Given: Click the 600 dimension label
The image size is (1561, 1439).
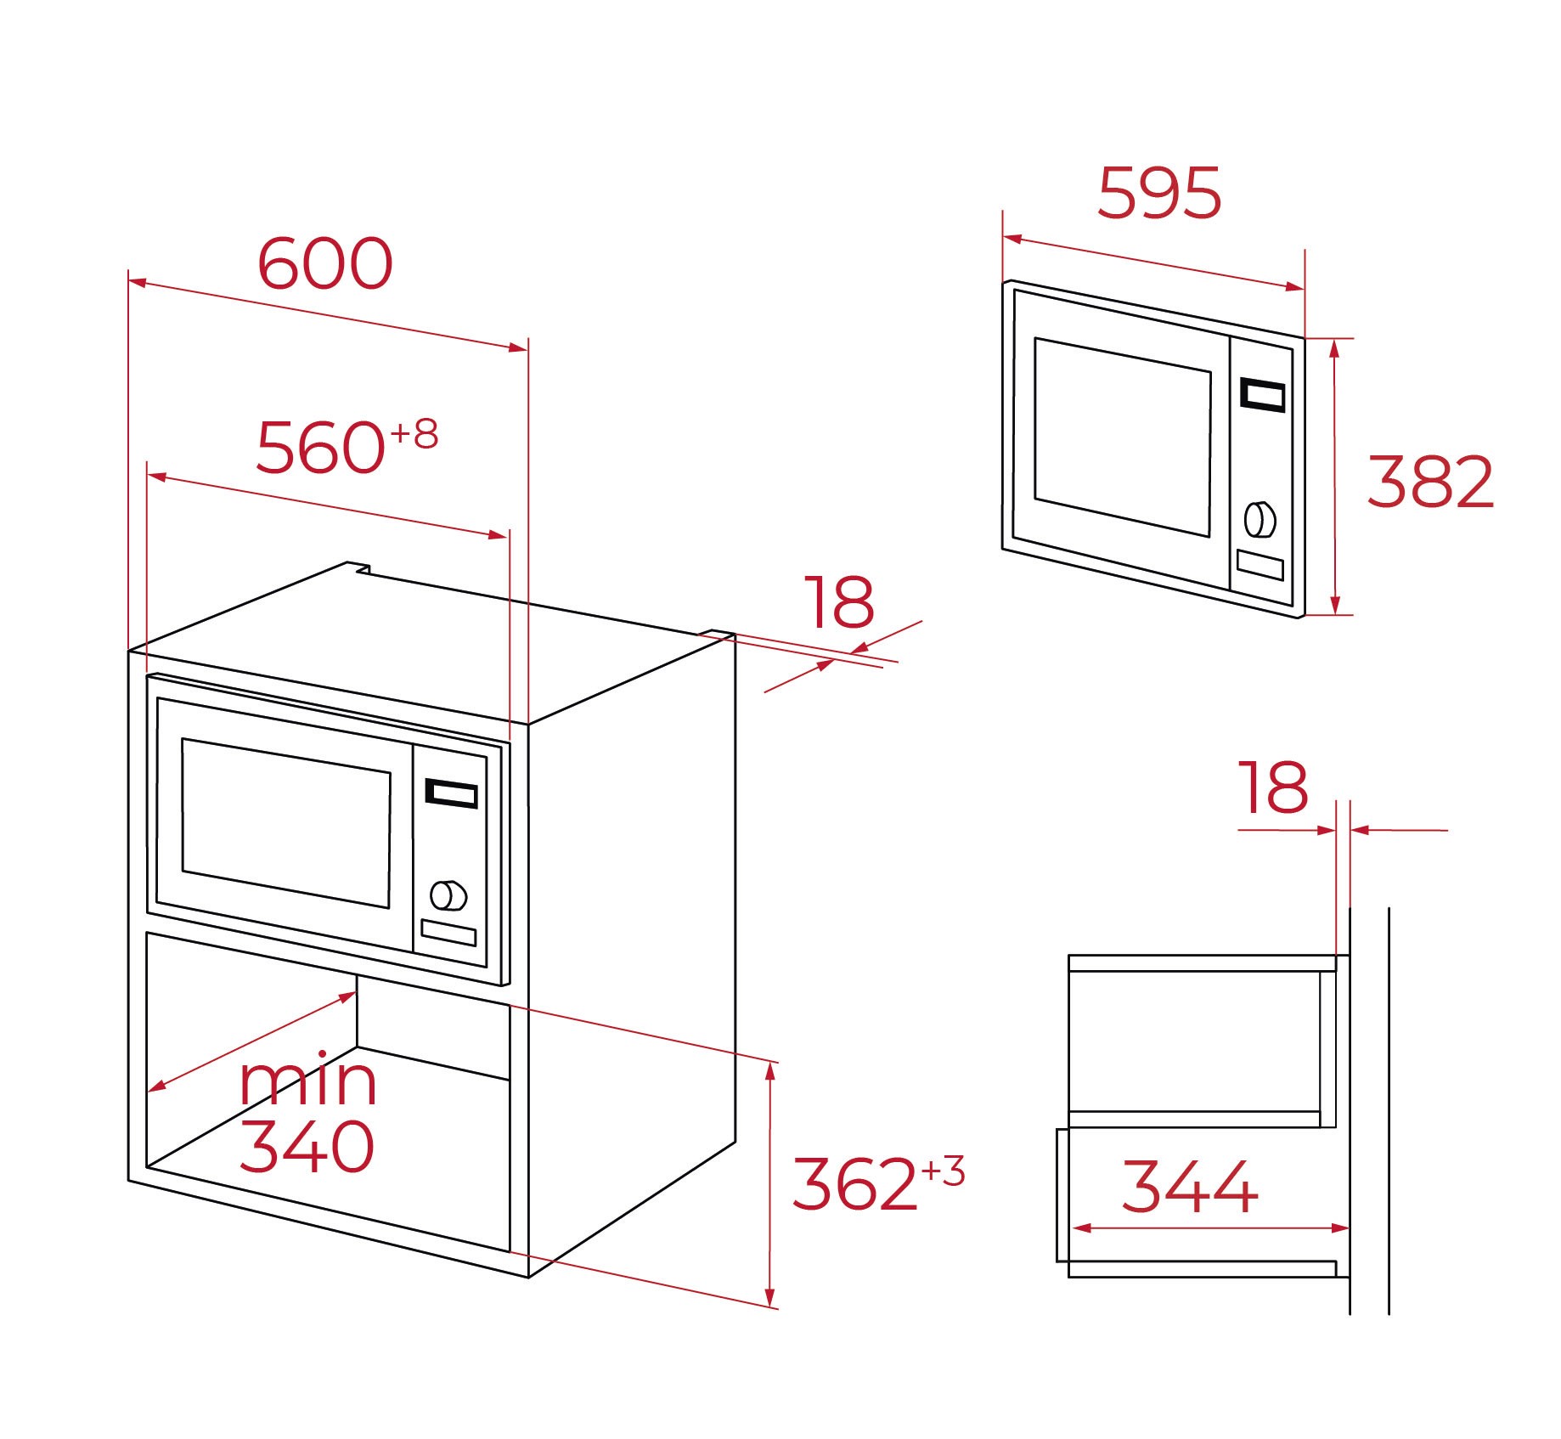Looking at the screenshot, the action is point(325,263).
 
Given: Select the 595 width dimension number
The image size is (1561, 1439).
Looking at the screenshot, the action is point(1159,193).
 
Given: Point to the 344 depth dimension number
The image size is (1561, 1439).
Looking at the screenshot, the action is point(1189,1186).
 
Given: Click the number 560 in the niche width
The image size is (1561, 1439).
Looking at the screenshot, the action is point(320,447).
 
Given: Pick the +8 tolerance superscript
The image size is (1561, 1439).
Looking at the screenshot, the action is point(414,434).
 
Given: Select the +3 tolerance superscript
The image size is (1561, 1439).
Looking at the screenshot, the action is point(943,1171).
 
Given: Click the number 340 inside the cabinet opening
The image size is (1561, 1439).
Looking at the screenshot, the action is point(307,1146).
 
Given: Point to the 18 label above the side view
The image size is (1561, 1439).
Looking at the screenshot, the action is point(1273,787).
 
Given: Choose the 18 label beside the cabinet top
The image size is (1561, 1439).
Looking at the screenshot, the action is point(839,601).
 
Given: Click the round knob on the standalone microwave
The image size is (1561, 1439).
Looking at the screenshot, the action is point(1260,520).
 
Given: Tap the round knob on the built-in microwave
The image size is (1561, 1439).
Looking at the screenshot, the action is point(448,894).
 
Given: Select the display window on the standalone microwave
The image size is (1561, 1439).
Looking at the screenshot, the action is point(1262,395).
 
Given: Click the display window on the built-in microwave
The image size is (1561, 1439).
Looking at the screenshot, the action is point(451,793).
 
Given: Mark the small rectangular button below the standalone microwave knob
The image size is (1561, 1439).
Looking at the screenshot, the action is point(1260,565).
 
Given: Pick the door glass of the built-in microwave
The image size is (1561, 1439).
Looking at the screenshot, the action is point(286,822).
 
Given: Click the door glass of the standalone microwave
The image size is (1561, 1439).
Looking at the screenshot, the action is point(1123,437).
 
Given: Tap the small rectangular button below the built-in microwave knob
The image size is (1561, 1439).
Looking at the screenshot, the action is point(448,932).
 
